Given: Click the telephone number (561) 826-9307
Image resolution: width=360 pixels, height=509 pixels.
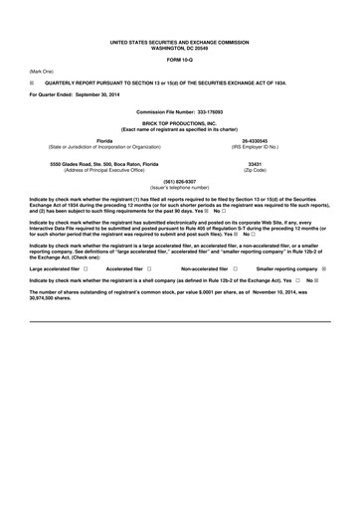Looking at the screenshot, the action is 179,181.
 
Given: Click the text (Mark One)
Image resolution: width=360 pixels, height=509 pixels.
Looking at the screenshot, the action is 42,72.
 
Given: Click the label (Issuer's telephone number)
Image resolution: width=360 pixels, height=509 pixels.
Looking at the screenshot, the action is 180,187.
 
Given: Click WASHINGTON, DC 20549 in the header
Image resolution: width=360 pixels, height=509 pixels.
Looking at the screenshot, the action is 180,47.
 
